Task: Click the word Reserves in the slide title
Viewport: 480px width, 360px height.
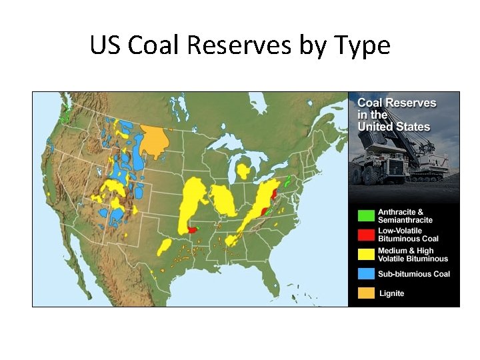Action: (240, 45)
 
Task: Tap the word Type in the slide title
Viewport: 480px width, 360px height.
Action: (362, 45)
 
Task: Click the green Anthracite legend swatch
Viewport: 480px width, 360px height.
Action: (366, 216)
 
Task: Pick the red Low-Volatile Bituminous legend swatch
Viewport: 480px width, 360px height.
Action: (366, 235)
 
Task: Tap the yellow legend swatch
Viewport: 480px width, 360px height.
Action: (366, 255)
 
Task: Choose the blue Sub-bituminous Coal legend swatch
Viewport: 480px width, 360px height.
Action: (366, 273)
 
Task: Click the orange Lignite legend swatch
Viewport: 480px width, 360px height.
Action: (366, 293)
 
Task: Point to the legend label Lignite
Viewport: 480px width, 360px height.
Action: (391, 293)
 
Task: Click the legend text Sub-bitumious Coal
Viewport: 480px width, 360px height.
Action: (414, 274)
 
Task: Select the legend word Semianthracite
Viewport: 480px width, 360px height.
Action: (405, 220)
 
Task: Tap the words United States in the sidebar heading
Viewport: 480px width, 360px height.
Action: (394, 127)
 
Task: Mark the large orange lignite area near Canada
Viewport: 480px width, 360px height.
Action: (156, 140)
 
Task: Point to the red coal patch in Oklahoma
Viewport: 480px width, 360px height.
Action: (193, 229)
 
